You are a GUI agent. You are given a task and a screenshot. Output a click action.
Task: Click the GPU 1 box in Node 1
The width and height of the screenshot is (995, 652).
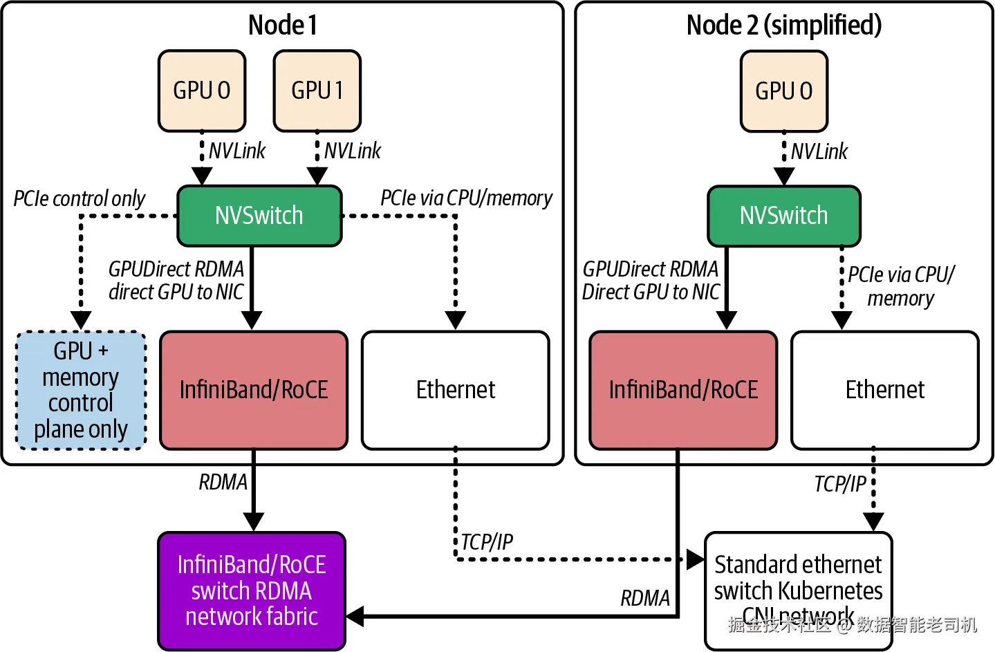(317, 91)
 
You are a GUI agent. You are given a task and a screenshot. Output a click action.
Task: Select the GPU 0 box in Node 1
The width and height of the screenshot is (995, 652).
(202, 91)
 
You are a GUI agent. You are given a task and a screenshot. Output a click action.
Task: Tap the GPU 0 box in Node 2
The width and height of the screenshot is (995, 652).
(784, 91)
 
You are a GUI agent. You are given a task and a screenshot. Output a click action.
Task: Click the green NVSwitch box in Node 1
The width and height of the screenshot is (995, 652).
(259, 216)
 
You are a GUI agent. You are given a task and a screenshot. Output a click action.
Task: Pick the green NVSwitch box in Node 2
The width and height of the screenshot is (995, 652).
(784, 216)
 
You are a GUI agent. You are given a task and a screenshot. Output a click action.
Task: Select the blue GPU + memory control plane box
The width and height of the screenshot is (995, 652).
(81, 391)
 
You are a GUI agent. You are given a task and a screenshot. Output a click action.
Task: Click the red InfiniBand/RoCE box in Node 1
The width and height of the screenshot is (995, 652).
(254, 390)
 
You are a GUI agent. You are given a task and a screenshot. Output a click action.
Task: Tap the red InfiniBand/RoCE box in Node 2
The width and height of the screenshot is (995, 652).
(683, 390)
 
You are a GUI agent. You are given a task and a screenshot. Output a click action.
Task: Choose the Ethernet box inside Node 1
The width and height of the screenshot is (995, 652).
(456, 390)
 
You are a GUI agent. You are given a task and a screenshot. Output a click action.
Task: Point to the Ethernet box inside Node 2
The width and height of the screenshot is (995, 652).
(885, 390)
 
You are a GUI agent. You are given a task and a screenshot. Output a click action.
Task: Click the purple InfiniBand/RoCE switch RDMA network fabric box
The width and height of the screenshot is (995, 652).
(252, 590)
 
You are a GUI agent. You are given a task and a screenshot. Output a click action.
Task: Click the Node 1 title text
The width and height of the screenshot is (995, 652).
(283, 26)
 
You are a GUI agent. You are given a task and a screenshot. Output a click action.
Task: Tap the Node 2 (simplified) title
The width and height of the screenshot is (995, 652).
(784, 26)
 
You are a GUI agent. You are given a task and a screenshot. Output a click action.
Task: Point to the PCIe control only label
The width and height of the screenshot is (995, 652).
(80, 199)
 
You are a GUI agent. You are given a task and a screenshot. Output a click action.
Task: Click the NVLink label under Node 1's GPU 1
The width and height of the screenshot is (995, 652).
(353, 151)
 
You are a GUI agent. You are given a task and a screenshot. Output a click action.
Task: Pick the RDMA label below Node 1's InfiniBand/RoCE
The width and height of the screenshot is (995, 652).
(223, 482)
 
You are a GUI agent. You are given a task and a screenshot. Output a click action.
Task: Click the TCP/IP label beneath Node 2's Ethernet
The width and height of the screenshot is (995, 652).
(839, 484)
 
